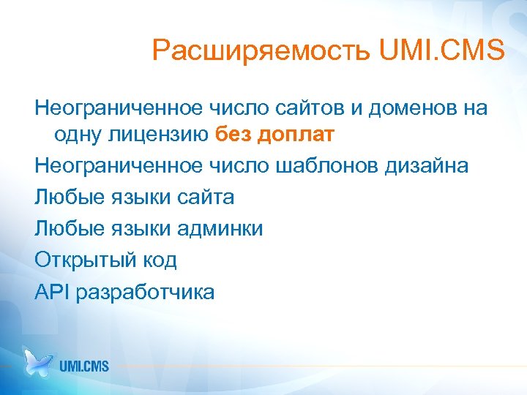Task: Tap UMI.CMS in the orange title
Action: (442, 51)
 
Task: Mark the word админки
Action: (220, 229)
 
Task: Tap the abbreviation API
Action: (52, 292)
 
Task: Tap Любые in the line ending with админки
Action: (65, 229)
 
